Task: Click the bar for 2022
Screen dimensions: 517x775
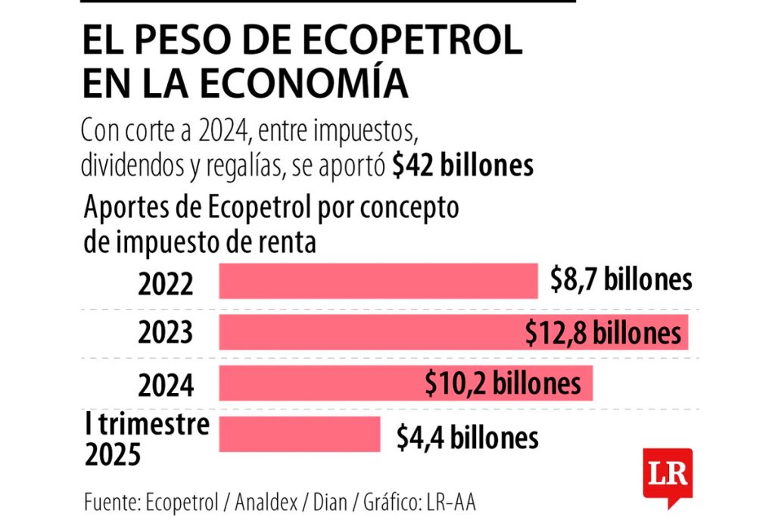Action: coord(377,281)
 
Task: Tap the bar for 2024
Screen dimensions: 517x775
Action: coord(318,383)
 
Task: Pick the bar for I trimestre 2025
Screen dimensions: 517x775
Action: coord(300,434)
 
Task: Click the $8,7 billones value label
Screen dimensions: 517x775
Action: coord(621,279)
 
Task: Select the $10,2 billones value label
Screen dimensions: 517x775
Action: coord(503,384)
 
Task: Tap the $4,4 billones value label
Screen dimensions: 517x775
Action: coord(468,438)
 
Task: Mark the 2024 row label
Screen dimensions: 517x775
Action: coord(166,385)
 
